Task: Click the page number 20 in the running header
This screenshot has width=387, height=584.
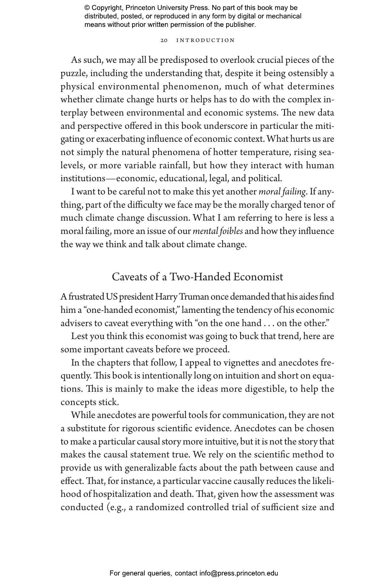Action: tap(164, 40)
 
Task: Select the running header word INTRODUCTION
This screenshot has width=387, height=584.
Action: tap(205, 40)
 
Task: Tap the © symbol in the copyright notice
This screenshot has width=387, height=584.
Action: tap(87, 8)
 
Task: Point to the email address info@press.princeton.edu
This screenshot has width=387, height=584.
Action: tap(239, 573)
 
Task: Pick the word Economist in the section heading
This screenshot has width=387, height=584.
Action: tap(258, 277)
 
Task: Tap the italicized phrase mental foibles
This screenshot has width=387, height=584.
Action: tap(218, 231)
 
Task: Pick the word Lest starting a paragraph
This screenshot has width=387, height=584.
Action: tap(79, 337)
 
